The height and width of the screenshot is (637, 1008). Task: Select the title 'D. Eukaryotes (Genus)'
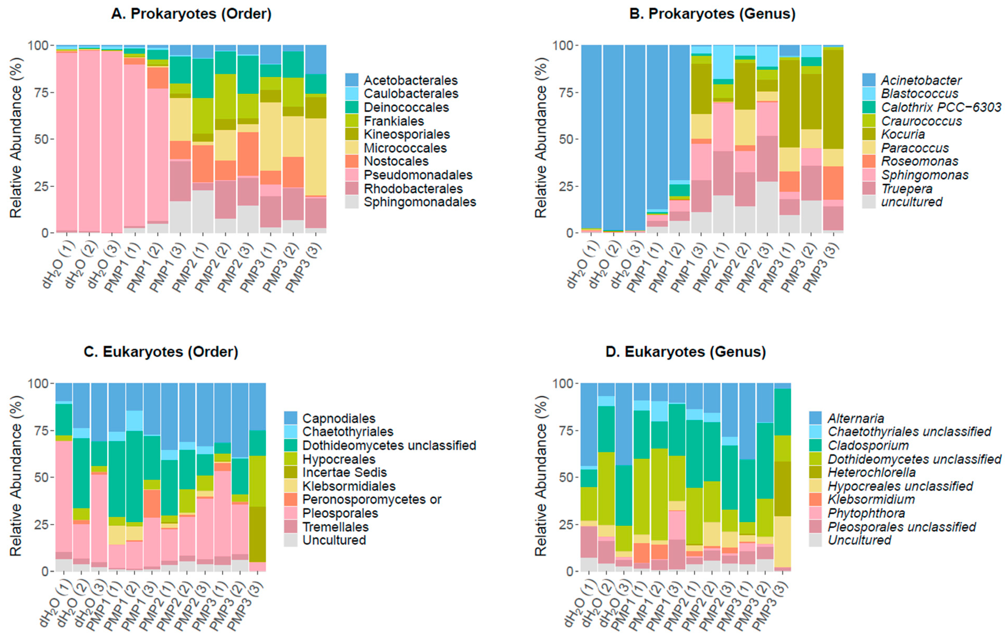[x=685, y=352]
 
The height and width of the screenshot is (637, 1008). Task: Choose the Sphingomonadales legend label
[x=419, y=202]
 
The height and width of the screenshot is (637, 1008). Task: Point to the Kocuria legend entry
[x=902, y=134]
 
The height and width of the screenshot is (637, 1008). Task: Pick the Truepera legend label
[x=907, y=189]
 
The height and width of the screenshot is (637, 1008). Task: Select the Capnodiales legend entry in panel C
[x=339, y=418]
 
